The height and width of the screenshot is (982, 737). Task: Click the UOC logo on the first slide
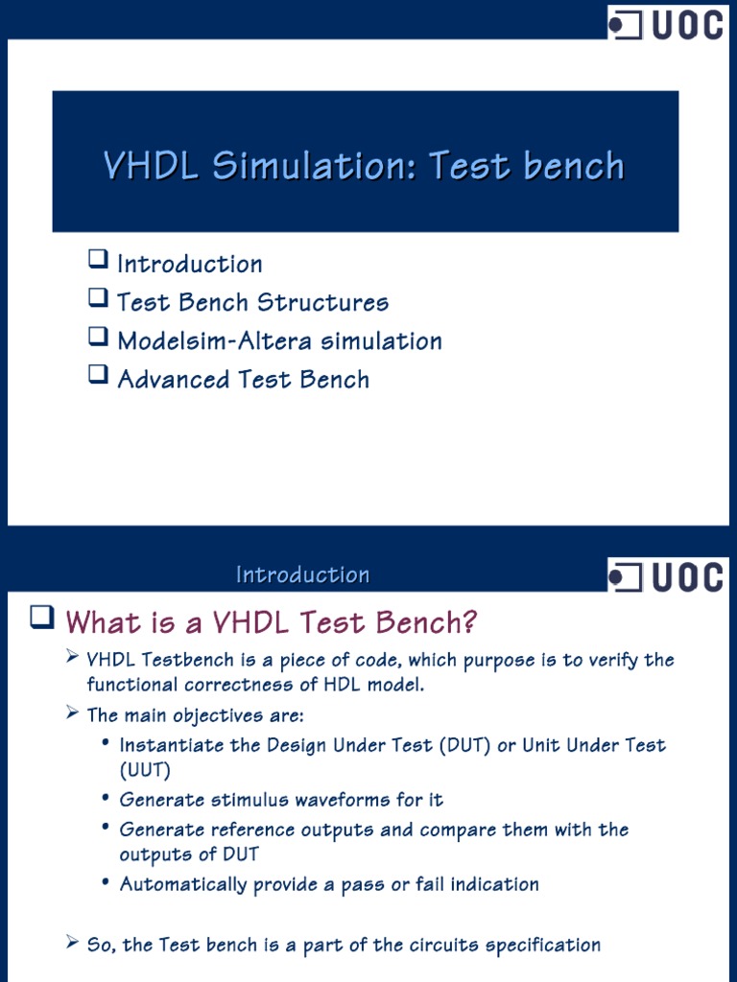pyautogui.click(x=666, y=23)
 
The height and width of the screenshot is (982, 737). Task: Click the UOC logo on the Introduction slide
pyautogui.click(x=666, y=576)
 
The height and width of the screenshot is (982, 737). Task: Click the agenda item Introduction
pyautogui.click(x=189, y=264)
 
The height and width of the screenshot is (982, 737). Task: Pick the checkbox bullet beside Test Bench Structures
pyautogui.click(x=97, y=300)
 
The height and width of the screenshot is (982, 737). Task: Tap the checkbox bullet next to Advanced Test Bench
pyautogui.click(x=97, y=377)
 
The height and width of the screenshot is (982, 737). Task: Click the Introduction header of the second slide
pyautogui.click(x=302, y=575)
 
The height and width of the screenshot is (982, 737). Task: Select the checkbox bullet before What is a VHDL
pyautogui.click(x=40, y=620)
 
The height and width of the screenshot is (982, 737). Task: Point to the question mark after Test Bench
pyautogui.click(x=468, y=623)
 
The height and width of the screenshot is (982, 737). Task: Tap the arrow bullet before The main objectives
pyautogui.click(x=72, y=713)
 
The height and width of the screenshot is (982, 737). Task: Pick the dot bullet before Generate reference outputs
pyautogui.click(x=105, y=829)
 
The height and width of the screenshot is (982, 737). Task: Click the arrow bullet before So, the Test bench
pyautogui.click(x=72, y=944)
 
